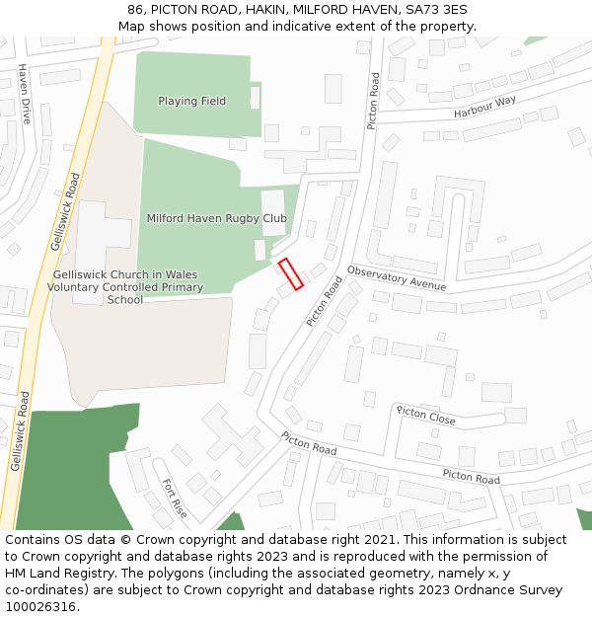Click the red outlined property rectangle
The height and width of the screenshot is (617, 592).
[290, 274]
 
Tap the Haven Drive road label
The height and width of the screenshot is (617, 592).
[25, 94]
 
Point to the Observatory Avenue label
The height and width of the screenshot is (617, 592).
[397, 278]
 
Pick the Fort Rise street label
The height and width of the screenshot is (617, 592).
[174, 498]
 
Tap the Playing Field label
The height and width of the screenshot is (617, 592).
[191, 101]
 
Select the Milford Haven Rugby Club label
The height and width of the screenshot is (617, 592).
[216, 218]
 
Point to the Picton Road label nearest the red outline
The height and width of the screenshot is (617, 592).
[324, 301]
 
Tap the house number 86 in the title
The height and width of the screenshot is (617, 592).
[135, 10]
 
